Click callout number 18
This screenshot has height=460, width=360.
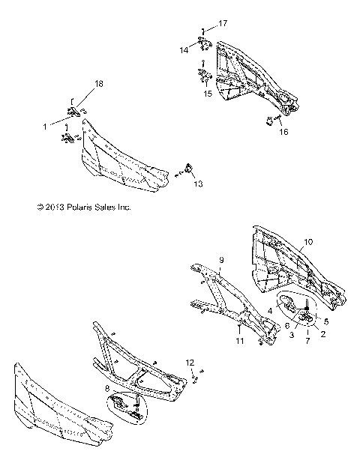98,84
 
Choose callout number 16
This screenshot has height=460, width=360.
282,132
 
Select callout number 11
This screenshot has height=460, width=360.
238,341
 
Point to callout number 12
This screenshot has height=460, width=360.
190,363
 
